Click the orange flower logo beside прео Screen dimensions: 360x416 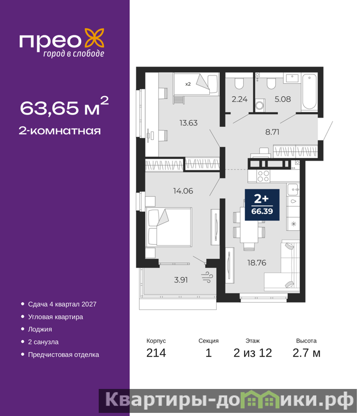click(95, 38)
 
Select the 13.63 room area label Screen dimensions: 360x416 click(189, 123)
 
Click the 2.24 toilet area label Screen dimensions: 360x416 click(239, 99)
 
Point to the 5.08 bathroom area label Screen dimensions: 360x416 click(283, 99)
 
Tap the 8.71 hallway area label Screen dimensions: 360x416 click(272, 132)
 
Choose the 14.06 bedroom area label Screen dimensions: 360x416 click(183, 191)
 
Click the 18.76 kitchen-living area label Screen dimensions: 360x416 click(257, 263)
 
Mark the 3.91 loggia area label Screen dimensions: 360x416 click(181, 280)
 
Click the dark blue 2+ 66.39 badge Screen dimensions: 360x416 click(262, 204)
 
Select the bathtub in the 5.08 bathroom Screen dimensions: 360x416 click(310, 92)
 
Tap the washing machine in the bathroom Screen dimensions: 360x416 click(260, 105)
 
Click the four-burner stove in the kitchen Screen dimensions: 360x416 click(263, 176)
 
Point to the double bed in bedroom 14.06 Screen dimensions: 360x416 click(169, 227)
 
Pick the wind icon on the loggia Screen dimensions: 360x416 click(207, 278)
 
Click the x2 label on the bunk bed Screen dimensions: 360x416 click(188, 84)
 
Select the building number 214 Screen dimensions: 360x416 click(156, 353)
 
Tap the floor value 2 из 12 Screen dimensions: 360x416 click(252, 353)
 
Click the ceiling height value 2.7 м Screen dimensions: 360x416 click(306, 353)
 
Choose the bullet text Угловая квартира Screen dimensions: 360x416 click(56, 317)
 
